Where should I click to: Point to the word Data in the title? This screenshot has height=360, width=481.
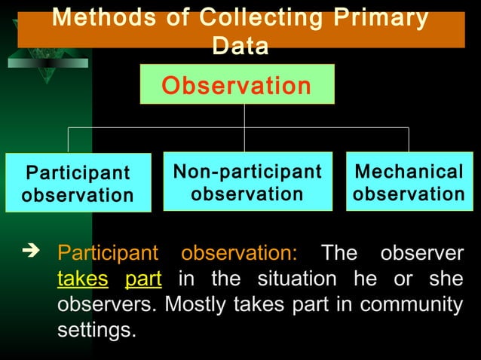[240, 47]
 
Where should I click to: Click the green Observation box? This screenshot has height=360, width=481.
[237, 84]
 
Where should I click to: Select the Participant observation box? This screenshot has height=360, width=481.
[78, 184]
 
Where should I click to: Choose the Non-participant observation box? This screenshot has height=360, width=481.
[247, 182]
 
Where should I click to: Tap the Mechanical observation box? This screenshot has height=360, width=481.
[409, 182]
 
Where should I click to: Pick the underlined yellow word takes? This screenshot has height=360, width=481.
[82, 278]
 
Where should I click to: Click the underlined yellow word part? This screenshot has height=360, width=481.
[143, 278]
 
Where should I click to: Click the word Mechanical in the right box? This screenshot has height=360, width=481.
[409, 172]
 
